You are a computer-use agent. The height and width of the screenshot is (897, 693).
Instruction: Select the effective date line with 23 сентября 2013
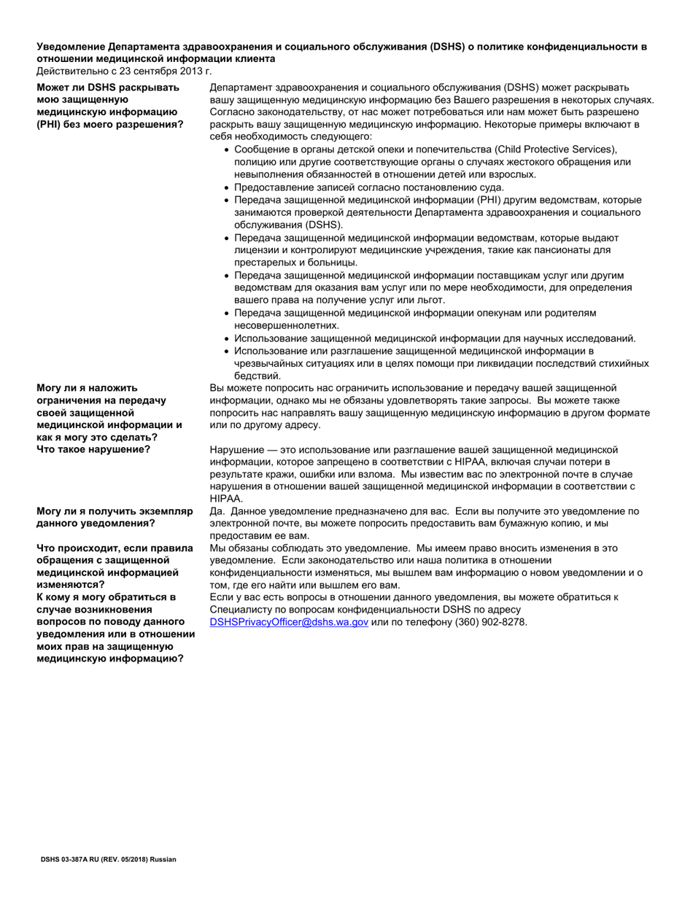(x=124, y=71)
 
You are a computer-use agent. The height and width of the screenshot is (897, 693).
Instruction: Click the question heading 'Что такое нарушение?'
(x=93, y=448)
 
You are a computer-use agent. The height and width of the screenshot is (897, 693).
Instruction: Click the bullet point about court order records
(x=368, y=187)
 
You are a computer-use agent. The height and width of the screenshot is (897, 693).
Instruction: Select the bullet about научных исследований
(x=435, y=338)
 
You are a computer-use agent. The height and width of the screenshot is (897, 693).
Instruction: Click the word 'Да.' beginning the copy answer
(x=217, y=511)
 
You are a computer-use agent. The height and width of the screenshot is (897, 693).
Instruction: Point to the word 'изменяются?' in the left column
(x=71, y=584)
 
